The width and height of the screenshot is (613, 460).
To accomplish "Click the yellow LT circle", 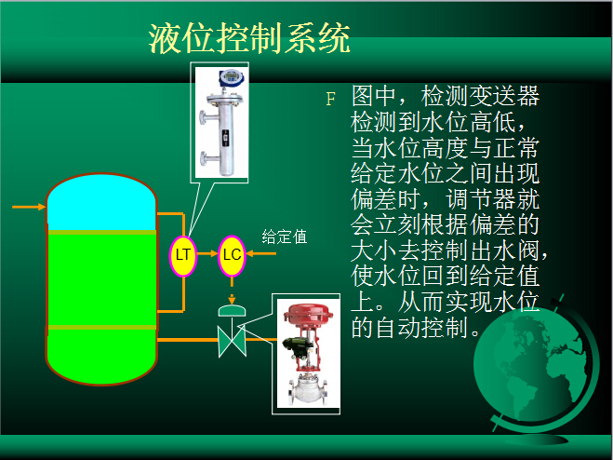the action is [x=183, y=256].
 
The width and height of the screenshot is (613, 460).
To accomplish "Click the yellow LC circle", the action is [x=232, y=256].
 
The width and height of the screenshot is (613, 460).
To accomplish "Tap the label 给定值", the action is [x=285, y=237].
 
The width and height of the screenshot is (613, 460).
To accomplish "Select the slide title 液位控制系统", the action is [x=249, y=38].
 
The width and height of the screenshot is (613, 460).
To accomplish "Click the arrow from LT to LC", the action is [x=207, y=253].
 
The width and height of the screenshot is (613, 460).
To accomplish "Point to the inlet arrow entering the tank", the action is [x=29, y=207].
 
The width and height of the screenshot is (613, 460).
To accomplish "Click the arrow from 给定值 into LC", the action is [x=261, y=253].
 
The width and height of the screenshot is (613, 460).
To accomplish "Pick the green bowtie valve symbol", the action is [x=232, y=341].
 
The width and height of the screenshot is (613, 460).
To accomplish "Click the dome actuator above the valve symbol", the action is [x=232, y=310].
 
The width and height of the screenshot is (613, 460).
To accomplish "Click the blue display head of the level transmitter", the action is [x=232, y=77].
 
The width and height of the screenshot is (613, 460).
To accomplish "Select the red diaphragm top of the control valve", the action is [x=308, y=313].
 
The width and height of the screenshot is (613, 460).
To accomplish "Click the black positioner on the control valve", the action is [x=298, y=347].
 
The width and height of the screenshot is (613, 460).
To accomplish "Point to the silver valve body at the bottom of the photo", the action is [x=308, y=390].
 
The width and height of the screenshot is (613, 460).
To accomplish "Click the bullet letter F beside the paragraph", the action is [x=331, y=99].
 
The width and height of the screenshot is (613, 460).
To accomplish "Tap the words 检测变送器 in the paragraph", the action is [x=481, y=96].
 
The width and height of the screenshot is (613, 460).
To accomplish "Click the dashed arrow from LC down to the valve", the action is [x=232, y=291].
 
